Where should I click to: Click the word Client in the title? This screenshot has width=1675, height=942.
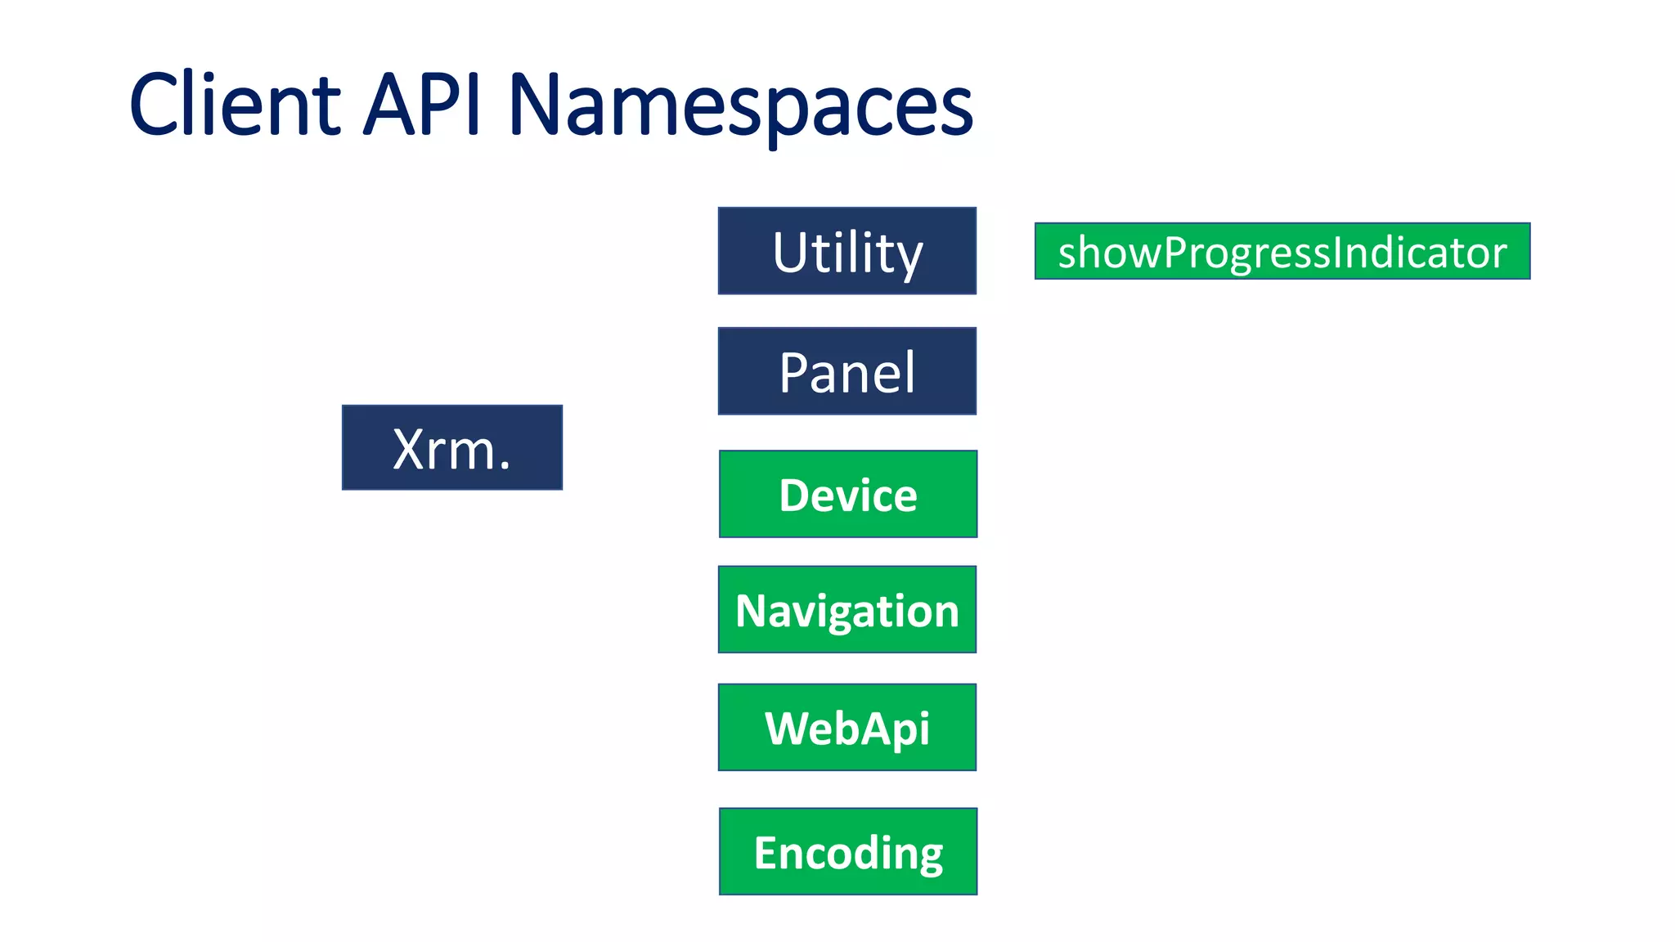235,105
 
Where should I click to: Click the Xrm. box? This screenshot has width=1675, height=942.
451,447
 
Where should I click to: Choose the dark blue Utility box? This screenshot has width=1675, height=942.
846,250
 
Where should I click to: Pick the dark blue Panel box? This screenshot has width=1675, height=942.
846,371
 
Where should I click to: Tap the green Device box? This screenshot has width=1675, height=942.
847,494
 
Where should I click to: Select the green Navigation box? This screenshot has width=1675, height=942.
846,609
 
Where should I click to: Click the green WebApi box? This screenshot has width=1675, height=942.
846,727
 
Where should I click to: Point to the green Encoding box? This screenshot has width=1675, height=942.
847,851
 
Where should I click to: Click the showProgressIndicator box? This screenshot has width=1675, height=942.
1282,251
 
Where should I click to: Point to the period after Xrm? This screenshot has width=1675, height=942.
505,467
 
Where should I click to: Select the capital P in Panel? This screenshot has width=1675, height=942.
794,373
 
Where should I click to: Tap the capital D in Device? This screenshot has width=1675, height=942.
793,495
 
